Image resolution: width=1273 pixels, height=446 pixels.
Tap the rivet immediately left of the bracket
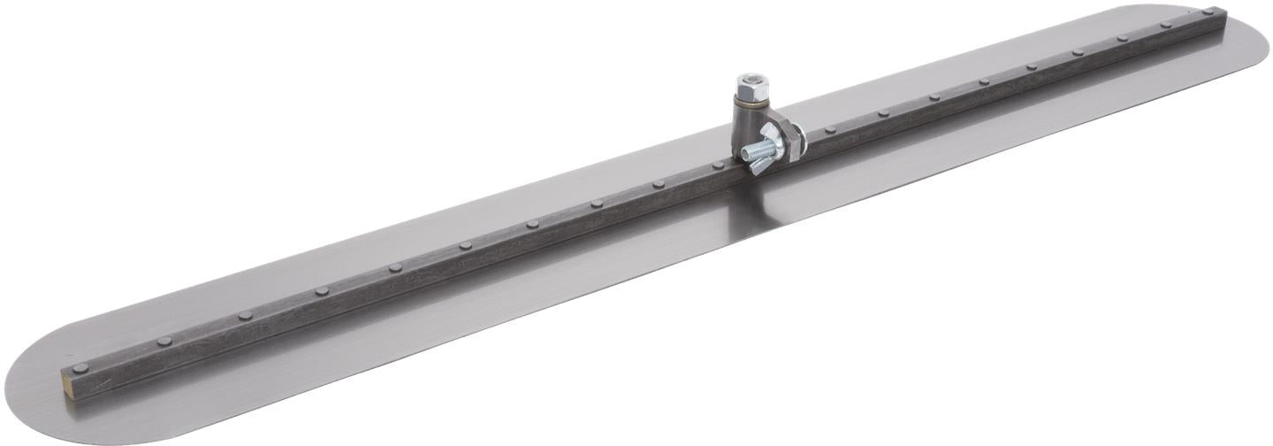659,184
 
